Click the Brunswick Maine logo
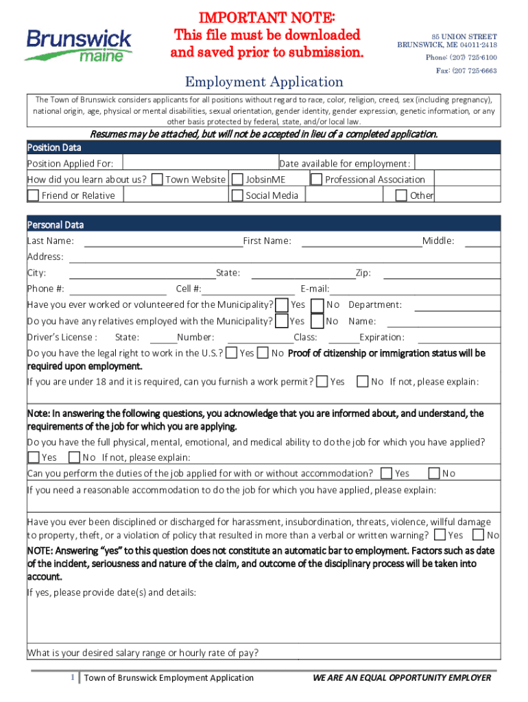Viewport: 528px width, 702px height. (x=78, y=45)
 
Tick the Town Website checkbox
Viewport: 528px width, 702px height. (x=158, y=180)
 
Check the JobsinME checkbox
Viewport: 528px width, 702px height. (x=237, y=180)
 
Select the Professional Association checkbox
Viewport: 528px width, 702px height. (x=317, y=180)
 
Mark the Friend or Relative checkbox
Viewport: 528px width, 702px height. (x=33, y=195)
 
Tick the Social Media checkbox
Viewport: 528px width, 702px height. (x=237, y=195)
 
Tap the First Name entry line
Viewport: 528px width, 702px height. (x=361, y=241)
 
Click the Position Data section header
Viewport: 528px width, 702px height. (x=54, y=147)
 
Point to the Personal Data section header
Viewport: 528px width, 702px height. (x=56, y=225)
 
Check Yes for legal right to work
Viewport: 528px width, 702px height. (x=232, y=353)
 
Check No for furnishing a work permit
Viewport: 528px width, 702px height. (x=363, y=382)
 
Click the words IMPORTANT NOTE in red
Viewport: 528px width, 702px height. (x=267, y=17)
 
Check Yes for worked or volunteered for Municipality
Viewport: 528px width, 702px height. (x=281, y=305)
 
